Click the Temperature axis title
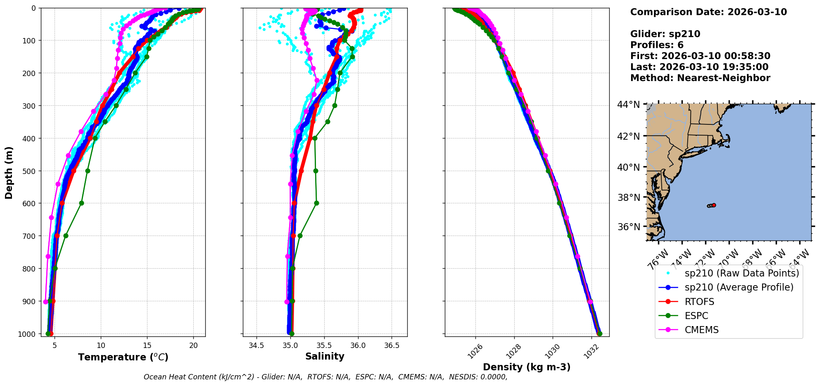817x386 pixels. [x=123, y=357]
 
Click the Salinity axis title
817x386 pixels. [x=325, y=356]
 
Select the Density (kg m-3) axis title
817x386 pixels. [x=527, y=367]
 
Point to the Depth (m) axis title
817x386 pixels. [x=9, y=172]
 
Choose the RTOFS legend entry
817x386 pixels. [x=699, y=302]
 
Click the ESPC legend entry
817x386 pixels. [x=696, y=316]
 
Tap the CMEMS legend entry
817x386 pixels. [x=701, y=330]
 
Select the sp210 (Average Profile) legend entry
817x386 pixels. [x=739, y=287]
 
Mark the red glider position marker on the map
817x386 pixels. [x=714, y=205]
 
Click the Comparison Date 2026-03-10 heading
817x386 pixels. [x=708, y=12]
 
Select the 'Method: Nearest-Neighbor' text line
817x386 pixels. [x=700, y=78]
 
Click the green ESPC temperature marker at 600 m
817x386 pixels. [x=81, y=203]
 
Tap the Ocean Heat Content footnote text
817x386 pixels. [x=325, y=377]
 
